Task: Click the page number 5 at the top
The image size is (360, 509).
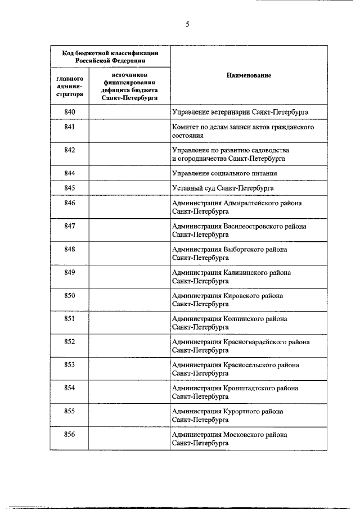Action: point(187,24)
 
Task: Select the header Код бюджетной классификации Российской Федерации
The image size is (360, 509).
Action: point(109,56)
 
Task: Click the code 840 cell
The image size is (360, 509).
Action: point(70,112)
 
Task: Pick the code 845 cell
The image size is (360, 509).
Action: point(70,187)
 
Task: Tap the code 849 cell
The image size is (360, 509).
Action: point(70,272)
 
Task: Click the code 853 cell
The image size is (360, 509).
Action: point(70,365)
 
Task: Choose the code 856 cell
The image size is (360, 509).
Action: point(70,434)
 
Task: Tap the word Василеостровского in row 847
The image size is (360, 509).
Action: point(256,226)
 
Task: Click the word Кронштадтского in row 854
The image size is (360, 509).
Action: point(251,388)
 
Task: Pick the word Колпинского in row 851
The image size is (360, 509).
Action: point(244,319)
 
